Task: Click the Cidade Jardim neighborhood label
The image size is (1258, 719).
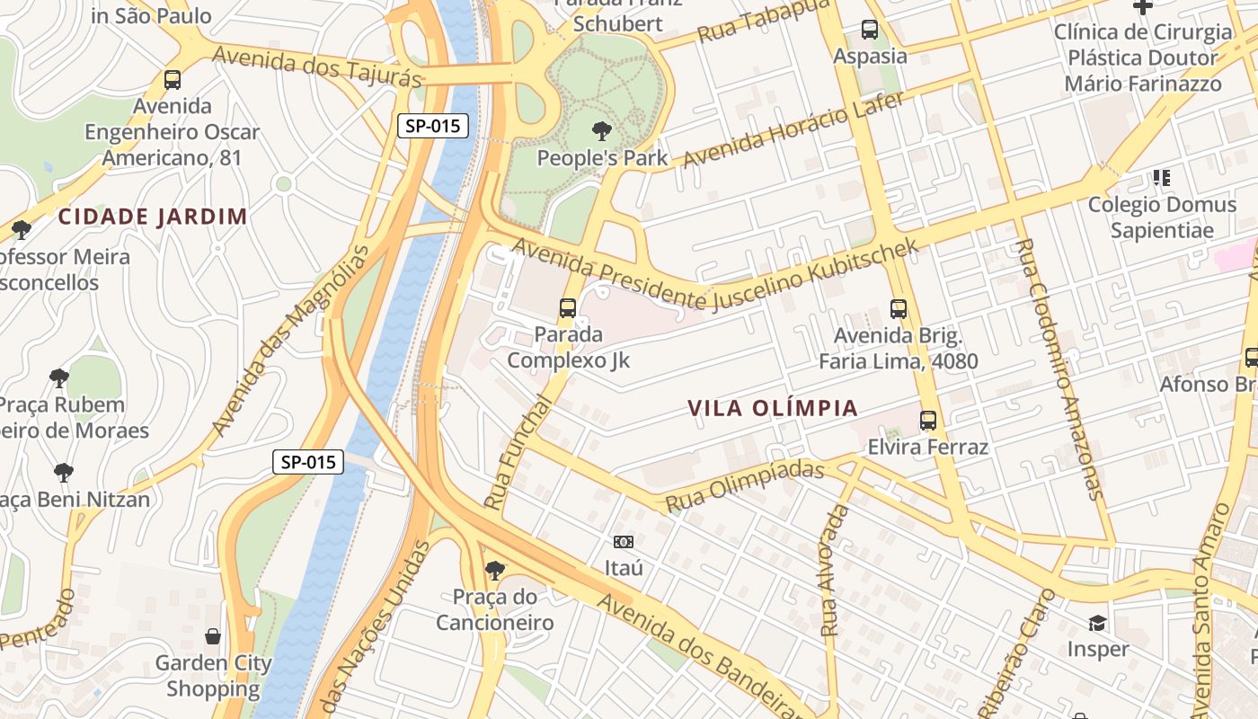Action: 153,217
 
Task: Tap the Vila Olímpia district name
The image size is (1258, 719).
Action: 773,408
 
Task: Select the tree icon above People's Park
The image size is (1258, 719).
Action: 602,132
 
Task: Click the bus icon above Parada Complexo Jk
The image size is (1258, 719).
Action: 568,308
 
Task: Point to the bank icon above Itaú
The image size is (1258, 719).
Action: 624,542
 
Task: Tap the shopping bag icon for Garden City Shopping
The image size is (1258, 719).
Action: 213,636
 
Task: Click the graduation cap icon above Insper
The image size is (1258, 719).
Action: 1097,623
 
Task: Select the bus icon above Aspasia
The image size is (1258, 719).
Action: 870,30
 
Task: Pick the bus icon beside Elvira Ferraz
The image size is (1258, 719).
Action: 928,420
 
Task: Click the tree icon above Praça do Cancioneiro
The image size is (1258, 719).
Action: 494,570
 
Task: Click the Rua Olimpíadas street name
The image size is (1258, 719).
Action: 744,486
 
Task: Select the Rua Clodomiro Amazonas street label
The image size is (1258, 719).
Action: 1056,368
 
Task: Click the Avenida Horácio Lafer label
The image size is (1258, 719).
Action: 793,130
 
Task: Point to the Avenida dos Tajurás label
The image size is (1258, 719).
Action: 317,67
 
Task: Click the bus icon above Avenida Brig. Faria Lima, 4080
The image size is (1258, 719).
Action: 898,309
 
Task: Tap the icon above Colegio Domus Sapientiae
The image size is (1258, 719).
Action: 1162,178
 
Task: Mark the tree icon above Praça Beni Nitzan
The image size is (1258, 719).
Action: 64,472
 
